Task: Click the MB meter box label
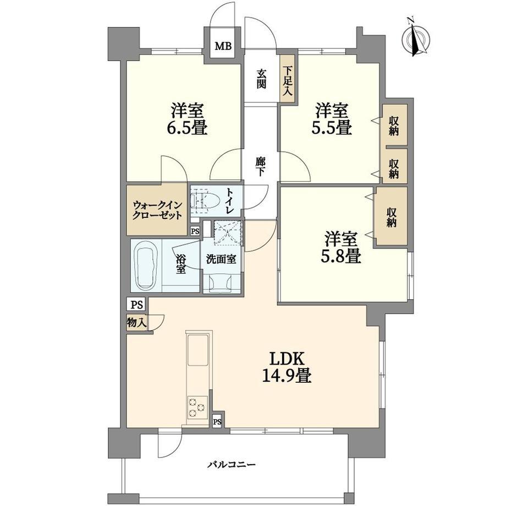coord(223,46)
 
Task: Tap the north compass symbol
coord(416,38)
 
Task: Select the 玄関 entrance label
coord(261,79)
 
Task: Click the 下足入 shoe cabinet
coord(288,80)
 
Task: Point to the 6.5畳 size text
coord(187,128)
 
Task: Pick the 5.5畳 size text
coord(331,128)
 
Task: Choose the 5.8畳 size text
coord(341,256)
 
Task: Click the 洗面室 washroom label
coord(221,259)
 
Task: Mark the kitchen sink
coord(198,350)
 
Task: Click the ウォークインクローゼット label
coord(157,210)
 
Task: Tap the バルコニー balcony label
coord(232,465)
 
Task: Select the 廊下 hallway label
coord(260,167)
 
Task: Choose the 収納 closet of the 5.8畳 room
coord(392,217)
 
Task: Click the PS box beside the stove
coord(217,421)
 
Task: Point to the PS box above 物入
coord(137,305)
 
